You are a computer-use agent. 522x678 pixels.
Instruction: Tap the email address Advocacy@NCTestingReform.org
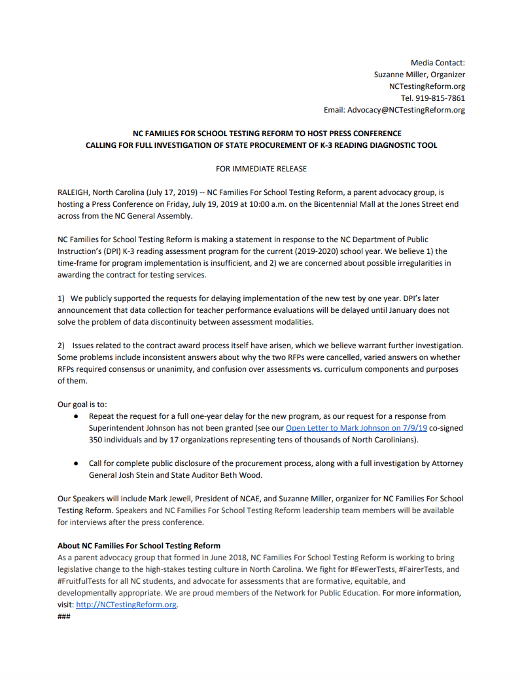tap(406, 110)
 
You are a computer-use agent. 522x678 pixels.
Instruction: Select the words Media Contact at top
tap(438, 63)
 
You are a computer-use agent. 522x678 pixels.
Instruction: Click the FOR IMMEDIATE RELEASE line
tap(261, 168)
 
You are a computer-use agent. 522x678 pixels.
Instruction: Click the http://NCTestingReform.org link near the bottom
tap(126, 605)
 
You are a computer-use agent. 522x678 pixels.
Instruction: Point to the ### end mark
tap(64, 616)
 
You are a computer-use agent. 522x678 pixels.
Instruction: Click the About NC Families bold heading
tap(139, 546)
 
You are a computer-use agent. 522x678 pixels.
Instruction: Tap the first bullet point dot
tap(77, 416)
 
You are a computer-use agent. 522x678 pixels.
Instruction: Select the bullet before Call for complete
tap(77, 463)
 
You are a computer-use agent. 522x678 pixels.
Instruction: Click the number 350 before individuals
tap(96, 440)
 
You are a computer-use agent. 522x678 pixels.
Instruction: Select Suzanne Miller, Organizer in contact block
tap(419, 75)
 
